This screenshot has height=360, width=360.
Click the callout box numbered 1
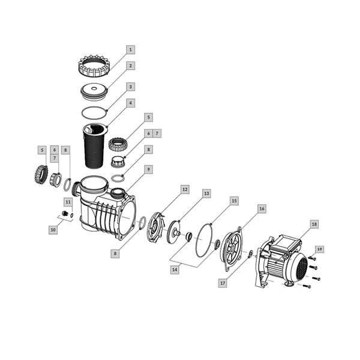coord(131,50)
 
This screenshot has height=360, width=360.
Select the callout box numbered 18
coord(314,224)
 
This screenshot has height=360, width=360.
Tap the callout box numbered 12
coord(185,190)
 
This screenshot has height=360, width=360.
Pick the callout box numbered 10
coord(53,230)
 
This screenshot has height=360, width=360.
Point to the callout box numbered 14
coord(175,269)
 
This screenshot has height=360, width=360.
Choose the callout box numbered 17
coord(223,283)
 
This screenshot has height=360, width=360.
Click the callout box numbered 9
coord(149,169)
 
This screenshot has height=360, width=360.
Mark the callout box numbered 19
coord(320,249)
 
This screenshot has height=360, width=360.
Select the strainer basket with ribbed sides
coord(95,146)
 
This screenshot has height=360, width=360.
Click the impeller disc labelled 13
coord(175,232)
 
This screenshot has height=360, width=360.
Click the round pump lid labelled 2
coord(94,92)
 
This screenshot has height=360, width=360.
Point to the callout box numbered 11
coord(68,202)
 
